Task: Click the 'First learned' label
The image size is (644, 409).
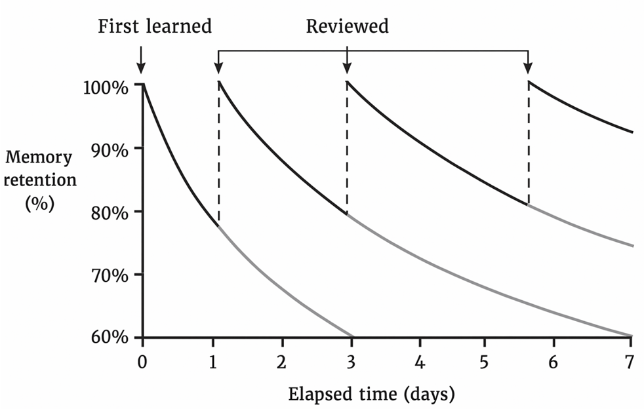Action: [x=155, y=26]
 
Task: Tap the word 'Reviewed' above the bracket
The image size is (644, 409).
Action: [x=347, y=26]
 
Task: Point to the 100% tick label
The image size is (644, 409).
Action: [x=106, y=86]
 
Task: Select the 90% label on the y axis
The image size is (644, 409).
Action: [x=108, y=149]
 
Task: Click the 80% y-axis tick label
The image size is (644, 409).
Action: [x=108, y=212]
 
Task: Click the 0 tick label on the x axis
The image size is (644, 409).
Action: [x=142, y=361]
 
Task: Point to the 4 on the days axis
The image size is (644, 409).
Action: [x=420, y=361]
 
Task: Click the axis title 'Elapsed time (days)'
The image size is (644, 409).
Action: [x=371, y=395]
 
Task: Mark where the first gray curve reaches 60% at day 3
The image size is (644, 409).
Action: [x=353, y=336]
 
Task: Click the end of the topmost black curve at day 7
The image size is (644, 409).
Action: [x=632, y=132]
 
